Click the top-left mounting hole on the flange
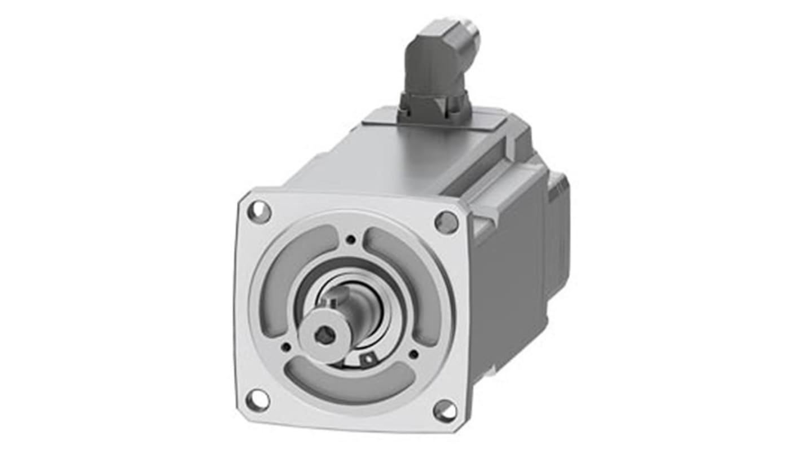click(259, 211)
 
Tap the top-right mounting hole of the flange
click(446, 222)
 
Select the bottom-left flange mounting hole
click(258, 400)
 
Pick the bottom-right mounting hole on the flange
click(445, 411)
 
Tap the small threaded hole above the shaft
click(351, 240)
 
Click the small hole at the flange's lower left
click(286, 347)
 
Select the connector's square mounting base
click(434, 107)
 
